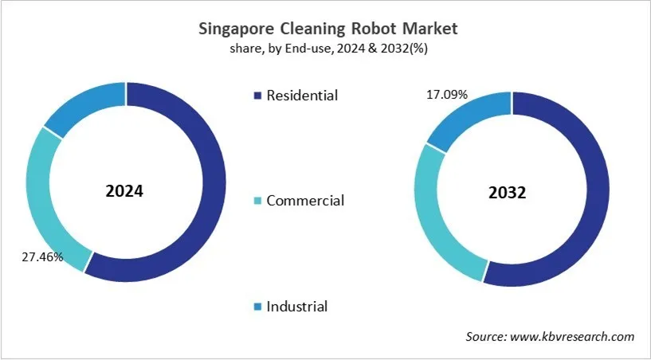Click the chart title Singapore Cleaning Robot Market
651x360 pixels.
pyautogui.click(x=327, y=29)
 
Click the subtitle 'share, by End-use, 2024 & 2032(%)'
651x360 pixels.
pyautogui.click(x=327, y=49)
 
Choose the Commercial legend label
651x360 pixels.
pyautogui.click(x=305, y=201)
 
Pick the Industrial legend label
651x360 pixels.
pyautogui.click(x=296, y=306)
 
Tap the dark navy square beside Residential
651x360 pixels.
pyautogui.click(x=257, y=96)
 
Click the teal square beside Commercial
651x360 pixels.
pyautogui.click(x=257, y=201)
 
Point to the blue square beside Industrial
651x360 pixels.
pyautogui.click(x=257, y=306)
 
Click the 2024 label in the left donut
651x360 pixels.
pyautogui.click(x=126, y=192)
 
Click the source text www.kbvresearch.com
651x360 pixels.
pyautogui.click(x=571, y=336)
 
